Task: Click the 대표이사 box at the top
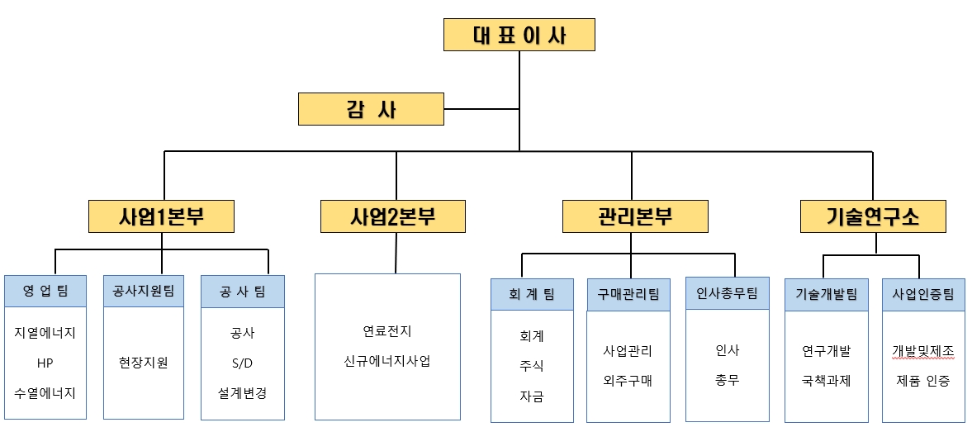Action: tap(519, 35)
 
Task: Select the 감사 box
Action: tap(371, 109)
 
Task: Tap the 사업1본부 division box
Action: tap(161, 216)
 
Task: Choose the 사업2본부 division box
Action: tap(393, 216)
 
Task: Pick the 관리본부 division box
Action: tap(635, 216)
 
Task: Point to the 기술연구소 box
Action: tap(873, 216)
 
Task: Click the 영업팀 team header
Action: tap(45, 291)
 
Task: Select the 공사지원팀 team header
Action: tap(143, 291)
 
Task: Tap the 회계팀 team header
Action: tap(532, 294)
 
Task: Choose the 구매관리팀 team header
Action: tap(628, 294)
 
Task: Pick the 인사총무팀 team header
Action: tap(727, 292)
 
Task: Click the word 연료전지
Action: tap(386, 331)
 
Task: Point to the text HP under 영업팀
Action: tap(45, 363)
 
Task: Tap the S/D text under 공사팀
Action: tap(242, 363)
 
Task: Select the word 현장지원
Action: tap(143, 363)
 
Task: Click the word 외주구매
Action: tap(628, 381)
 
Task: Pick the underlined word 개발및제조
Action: tap(922, 351)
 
